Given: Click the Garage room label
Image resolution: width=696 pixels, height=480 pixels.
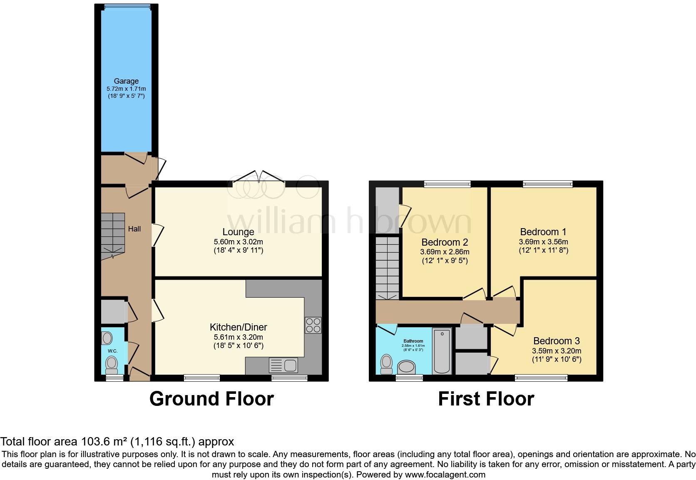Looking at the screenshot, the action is (x=126, y=81).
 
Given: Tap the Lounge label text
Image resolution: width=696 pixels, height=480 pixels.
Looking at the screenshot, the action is (x=239, y=232).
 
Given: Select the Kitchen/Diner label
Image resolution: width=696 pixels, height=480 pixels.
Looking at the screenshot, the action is (x=239, y=327).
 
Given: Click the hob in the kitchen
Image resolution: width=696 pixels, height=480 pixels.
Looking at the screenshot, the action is (x=313, y=325).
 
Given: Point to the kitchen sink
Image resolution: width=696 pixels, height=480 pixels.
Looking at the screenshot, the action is (x=283, y=365).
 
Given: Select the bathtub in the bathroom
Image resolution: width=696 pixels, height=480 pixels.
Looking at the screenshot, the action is (x=442, y=351).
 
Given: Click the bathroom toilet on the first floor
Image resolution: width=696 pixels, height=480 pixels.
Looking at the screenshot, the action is (x=387, y=364).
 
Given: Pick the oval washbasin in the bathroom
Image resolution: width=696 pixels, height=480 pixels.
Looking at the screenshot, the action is (x=406, y=367).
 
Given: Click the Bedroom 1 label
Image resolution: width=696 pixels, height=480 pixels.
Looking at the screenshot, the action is (x=543, y=232).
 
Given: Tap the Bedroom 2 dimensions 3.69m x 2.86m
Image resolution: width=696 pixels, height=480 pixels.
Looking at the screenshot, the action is (x=445, y=252).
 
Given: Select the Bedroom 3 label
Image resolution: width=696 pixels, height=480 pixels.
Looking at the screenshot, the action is (x=557, y=341).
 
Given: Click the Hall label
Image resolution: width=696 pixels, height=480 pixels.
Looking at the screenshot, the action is (x=134, y=229).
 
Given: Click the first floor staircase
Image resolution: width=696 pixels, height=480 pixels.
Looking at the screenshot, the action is (x=388, y=269).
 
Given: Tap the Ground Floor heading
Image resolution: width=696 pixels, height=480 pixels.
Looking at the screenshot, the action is (x=211, y=399).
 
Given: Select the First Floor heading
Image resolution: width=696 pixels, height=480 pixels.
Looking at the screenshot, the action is (x=486, y=399).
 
